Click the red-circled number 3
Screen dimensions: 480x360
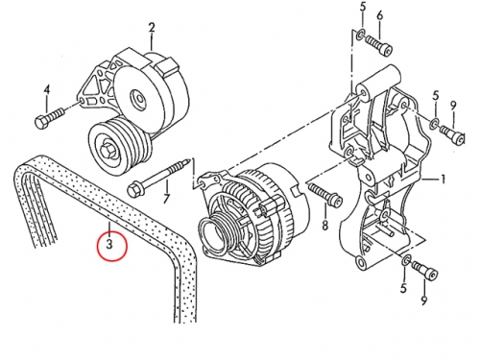(x=109, y=245)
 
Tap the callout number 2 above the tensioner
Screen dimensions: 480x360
(x=152, y=28)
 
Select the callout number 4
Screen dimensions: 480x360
(x=47, y=90)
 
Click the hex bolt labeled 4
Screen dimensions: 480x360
(x=49, y=118)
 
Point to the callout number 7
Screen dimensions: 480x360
(x=166, y=199)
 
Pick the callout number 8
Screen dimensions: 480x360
(x=325, y=225)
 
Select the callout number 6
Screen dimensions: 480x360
(x=380, y=14)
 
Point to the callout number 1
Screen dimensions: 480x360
(x=443, y=180)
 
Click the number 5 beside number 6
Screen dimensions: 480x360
(x=363, y=7)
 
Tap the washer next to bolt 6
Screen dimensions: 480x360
(x=361, y=34)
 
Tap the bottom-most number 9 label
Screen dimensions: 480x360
(x=424, y=300)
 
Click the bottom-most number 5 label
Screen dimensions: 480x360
(x=403, y=288)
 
